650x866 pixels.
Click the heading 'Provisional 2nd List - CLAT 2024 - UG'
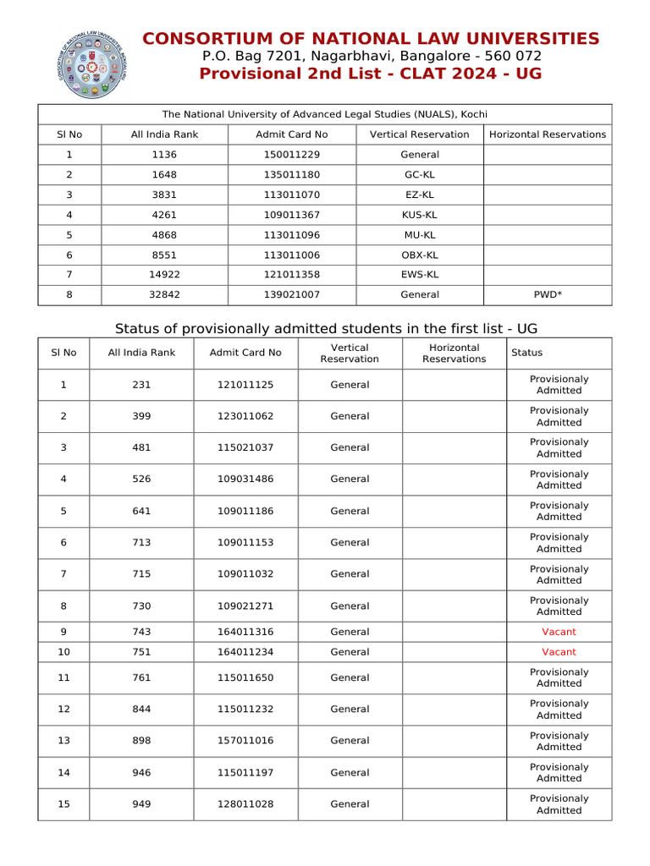click(371, 74)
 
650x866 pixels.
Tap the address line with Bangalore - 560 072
click(371, 56)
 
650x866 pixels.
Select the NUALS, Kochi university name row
click(324, 114)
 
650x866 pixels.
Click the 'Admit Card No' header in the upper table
click(291, 134)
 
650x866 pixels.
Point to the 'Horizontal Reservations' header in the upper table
click(548, 134)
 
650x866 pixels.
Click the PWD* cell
click(548, 294)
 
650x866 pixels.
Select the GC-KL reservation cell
click(420, 174)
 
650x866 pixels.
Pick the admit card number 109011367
click(291, 215)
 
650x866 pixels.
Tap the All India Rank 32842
click(165, 294)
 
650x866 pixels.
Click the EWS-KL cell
click(420, 275)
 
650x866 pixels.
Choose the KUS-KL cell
click(420, 215)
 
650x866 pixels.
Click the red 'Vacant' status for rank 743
click(559, 632)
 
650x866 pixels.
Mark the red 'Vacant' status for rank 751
click(559, 652)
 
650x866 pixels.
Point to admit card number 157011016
click(245, 741)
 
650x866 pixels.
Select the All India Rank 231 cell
click(141, 385)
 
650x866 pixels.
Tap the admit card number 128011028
click(245, 804)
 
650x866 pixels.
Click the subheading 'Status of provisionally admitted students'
click(326, 328)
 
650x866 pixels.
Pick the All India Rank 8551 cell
click(165, 255)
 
